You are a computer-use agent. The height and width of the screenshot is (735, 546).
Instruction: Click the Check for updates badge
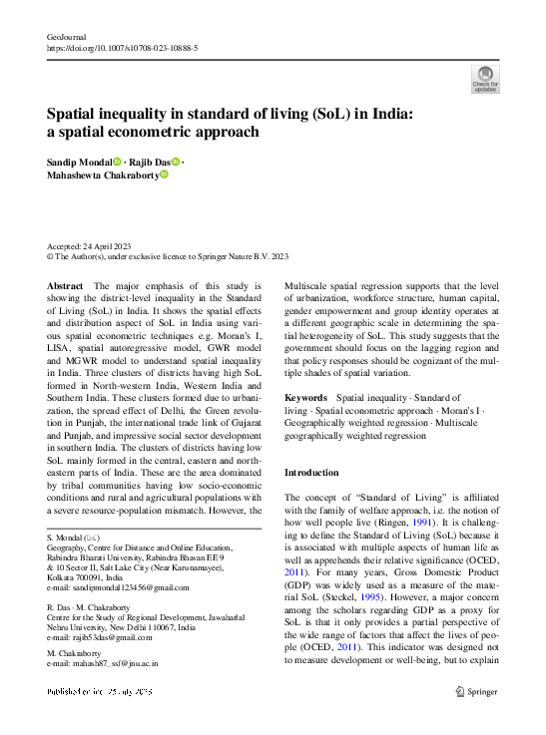point(484,79)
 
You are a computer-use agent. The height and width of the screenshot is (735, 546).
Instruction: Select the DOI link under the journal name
point(123,48)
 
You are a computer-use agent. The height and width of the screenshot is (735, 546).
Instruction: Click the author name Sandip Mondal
point(79,162)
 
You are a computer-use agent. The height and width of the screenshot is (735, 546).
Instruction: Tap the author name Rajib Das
point(149,162)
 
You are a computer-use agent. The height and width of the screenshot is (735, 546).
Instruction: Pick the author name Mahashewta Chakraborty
point(102,175)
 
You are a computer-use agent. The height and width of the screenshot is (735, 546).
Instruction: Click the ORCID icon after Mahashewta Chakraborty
point(165,175)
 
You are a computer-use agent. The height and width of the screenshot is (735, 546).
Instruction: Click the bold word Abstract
point(65,286)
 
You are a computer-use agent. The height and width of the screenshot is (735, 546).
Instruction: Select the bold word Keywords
point(306,397)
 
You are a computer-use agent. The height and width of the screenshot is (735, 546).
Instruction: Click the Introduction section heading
point(311,472)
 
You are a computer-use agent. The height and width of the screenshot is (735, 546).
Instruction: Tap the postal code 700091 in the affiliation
point(96,577)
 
